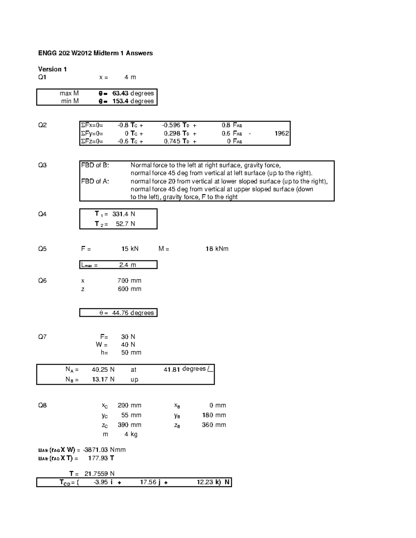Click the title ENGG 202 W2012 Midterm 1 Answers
pos(95,53)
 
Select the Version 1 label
pos(52,69)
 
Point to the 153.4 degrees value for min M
pos(133,101)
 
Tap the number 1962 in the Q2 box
pos(281,133)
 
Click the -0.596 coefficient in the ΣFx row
pos(171,125)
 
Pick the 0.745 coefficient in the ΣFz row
pos(172,141)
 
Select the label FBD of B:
pos(95,165)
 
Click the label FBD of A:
pos(95,181)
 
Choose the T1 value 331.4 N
pos(123,214)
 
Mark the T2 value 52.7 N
pos(125,224)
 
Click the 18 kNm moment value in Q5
pos(217,249)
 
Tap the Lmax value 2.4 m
pos(127,265)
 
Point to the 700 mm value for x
pos(129,281)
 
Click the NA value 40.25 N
pos(103,370)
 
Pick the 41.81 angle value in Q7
pos(172,370)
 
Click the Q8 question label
pos(42,405)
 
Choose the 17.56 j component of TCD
pos(150,482)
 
